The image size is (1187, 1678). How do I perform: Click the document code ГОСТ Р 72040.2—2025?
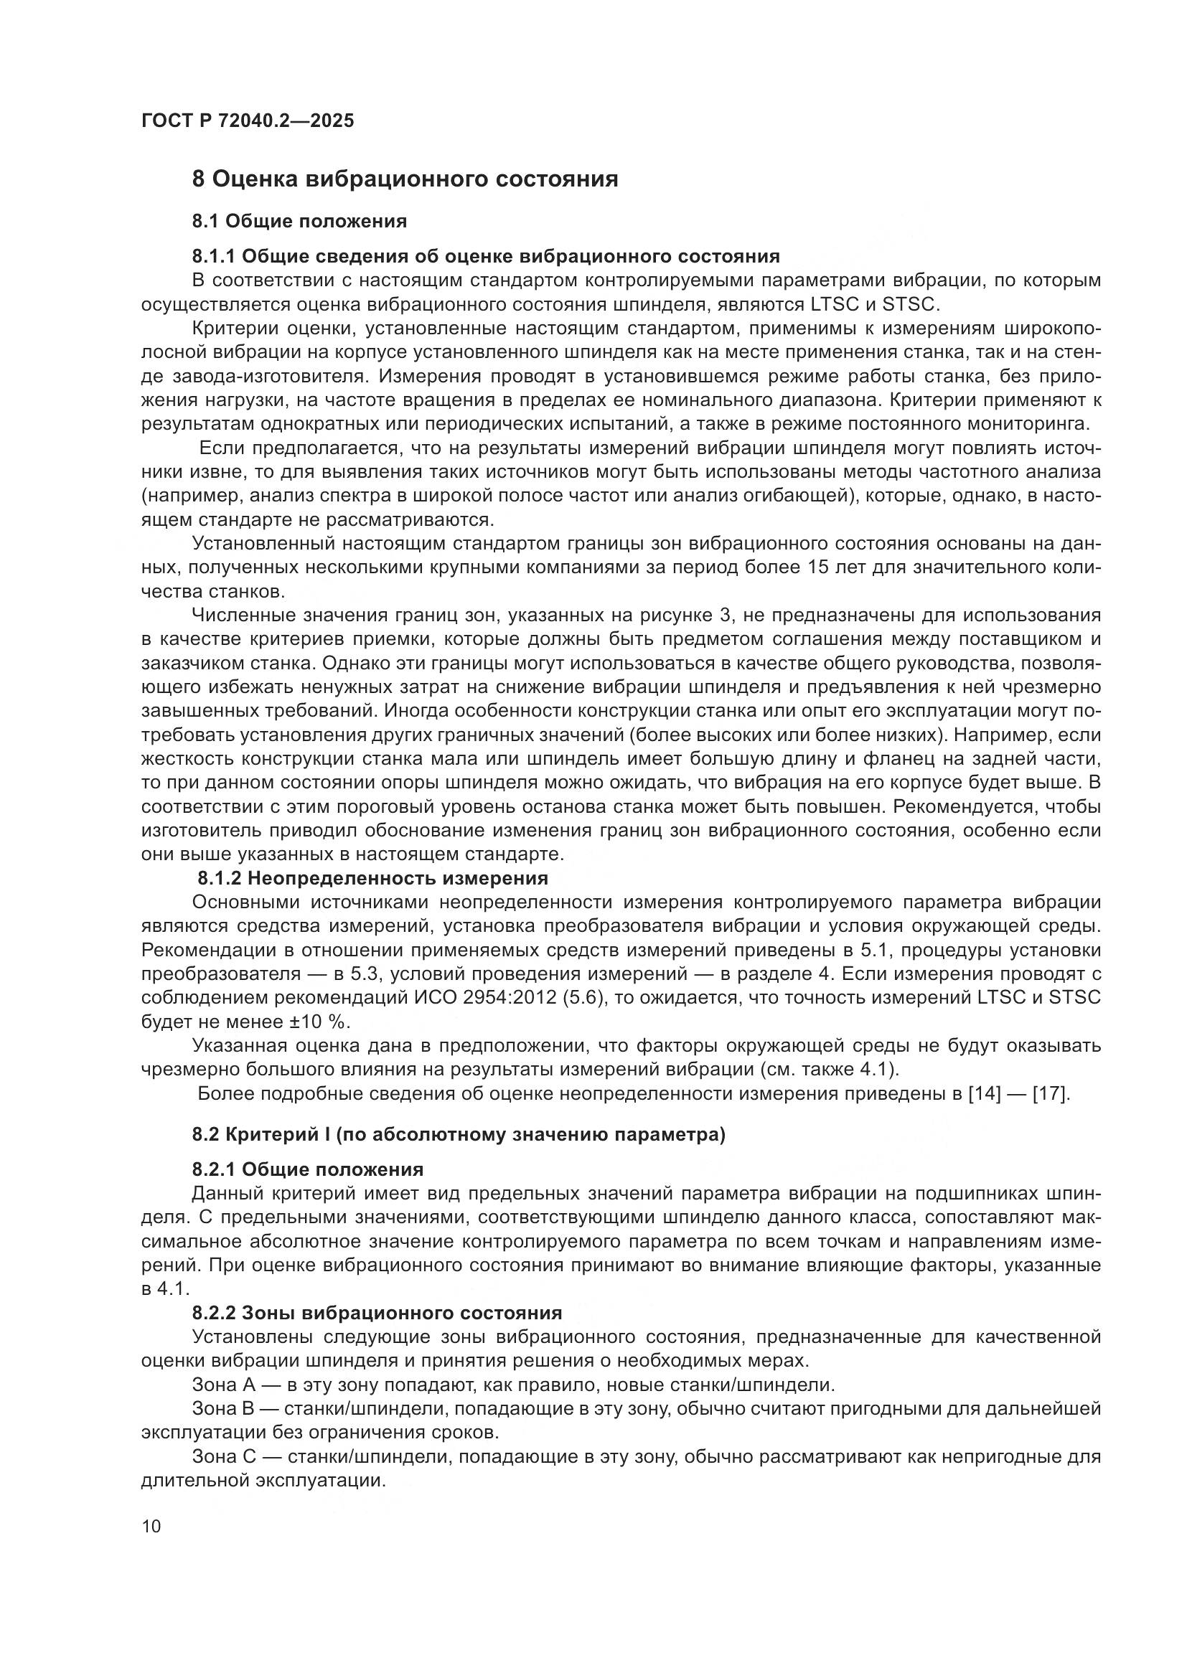tap(247, 121)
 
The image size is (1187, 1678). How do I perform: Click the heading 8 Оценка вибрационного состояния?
tap(405, 179)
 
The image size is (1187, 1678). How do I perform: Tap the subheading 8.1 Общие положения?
tap(299, 221)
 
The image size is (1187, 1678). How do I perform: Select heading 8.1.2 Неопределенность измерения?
tap(372, 877)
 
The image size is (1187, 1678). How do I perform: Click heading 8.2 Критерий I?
tap(459, 1135)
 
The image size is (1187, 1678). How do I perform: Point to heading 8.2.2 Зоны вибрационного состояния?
tap(377, 1313)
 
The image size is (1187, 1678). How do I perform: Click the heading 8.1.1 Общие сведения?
tap(486, 256)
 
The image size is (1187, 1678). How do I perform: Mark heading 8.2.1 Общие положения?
tap(308, 1169)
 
